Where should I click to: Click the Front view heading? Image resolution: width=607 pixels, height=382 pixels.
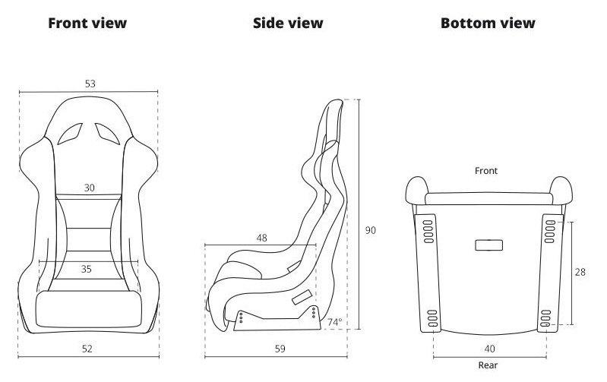87,24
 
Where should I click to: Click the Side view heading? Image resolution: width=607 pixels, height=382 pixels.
288,24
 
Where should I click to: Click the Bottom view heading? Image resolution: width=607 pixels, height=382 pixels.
488,24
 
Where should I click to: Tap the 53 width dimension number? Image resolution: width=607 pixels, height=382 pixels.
90,84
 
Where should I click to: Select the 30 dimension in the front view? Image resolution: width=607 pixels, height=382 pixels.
89,188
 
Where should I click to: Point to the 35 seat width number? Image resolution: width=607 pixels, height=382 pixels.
87,269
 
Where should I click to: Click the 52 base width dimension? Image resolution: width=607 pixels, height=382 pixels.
87,349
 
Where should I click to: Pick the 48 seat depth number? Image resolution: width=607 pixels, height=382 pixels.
261,238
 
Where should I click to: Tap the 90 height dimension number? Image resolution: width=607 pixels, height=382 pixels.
371,230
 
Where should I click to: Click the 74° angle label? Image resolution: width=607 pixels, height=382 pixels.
335,322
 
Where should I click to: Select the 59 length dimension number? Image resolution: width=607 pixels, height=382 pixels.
280,349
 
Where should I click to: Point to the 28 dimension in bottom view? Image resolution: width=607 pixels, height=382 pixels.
580,272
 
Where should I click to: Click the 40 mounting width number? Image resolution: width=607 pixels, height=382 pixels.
490,349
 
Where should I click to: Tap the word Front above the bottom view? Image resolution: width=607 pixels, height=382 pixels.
486,171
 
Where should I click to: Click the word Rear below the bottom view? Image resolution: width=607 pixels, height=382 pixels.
488,365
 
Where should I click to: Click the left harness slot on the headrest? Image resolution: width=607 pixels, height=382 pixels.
71,134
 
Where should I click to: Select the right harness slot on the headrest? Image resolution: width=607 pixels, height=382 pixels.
107,134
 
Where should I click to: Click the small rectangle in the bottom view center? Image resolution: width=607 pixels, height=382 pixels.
489,245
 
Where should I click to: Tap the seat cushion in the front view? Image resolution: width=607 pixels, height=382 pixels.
88,309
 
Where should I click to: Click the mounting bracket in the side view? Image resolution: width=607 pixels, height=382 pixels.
277,318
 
